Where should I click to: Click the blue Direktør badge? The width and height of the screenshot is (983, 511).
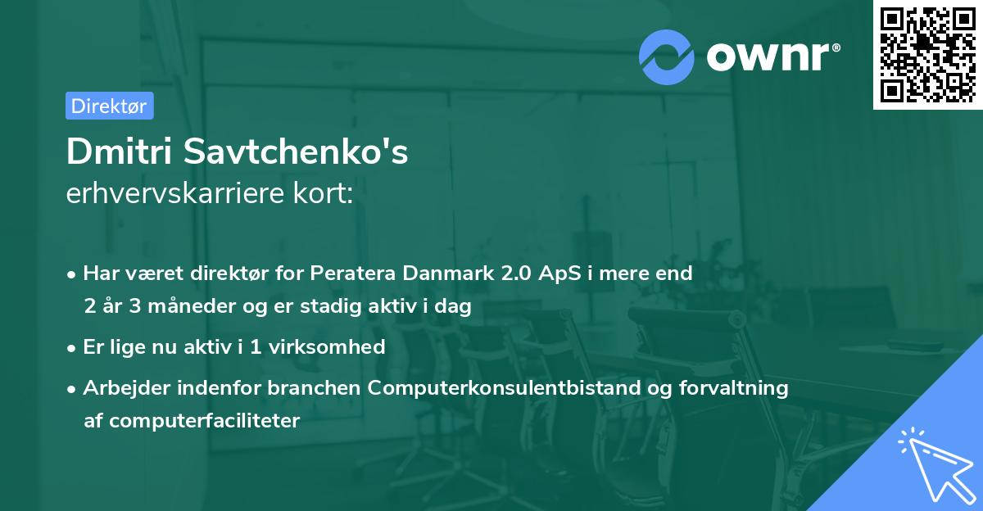point(110,106)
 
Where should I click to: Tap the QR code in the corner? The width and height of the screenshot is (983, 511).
point(927,54)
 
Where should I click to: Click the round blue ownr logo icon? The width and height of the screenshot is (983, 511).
point(666,57)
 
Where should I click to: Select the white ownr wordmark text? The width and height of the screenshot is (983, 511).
point(768,57)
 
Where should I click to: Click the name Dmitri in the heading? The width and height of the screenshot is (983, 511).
point(119,151)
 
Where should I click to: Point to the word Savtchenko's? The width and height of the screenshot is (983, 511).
point(296,151)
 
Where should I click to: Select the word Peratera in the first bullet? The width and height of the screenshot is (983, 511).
point(353,273)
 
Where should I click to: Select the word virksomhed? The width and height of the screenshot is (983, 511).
point(327,346)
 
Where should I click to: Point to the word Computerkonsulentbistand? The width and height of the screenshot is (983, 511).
point(505,387)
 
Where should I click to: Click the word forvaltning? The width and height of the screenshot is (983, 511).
point(733,387)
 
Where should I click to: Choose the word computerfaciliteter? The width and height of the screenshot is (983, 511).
point(205,421)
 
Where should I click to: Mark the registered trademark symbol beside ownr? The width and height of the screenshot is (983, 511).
point(836,47)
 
